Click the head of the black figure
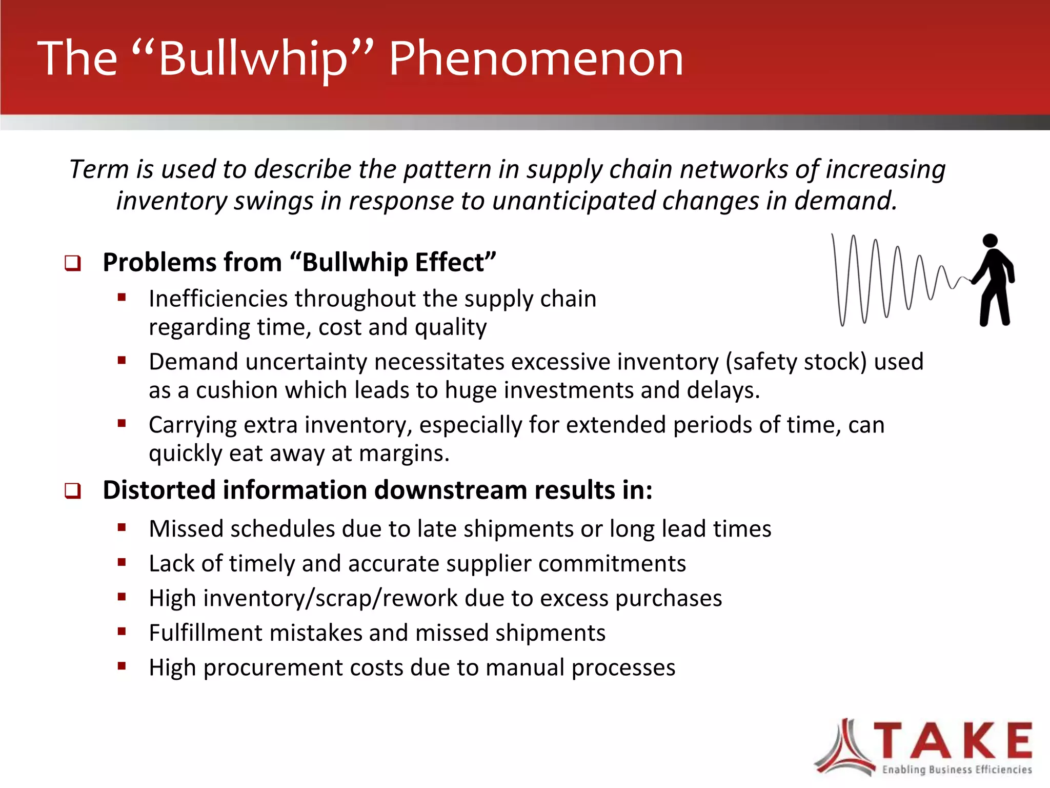click(990, 241)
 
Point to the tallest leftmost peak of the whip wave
click(833, 237)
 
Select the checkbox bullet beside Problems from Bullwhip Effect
click(72, 263)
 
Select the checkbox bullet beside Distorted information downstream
click(72, 491)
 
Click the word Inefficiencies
click(217, 299)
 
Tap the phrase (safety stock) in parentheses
click(796, 362)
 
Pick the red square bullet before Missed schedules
click(122, 527)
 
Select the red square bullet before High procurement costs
click(122, 666)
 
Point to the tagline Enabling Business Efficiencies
click(957, 770)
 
